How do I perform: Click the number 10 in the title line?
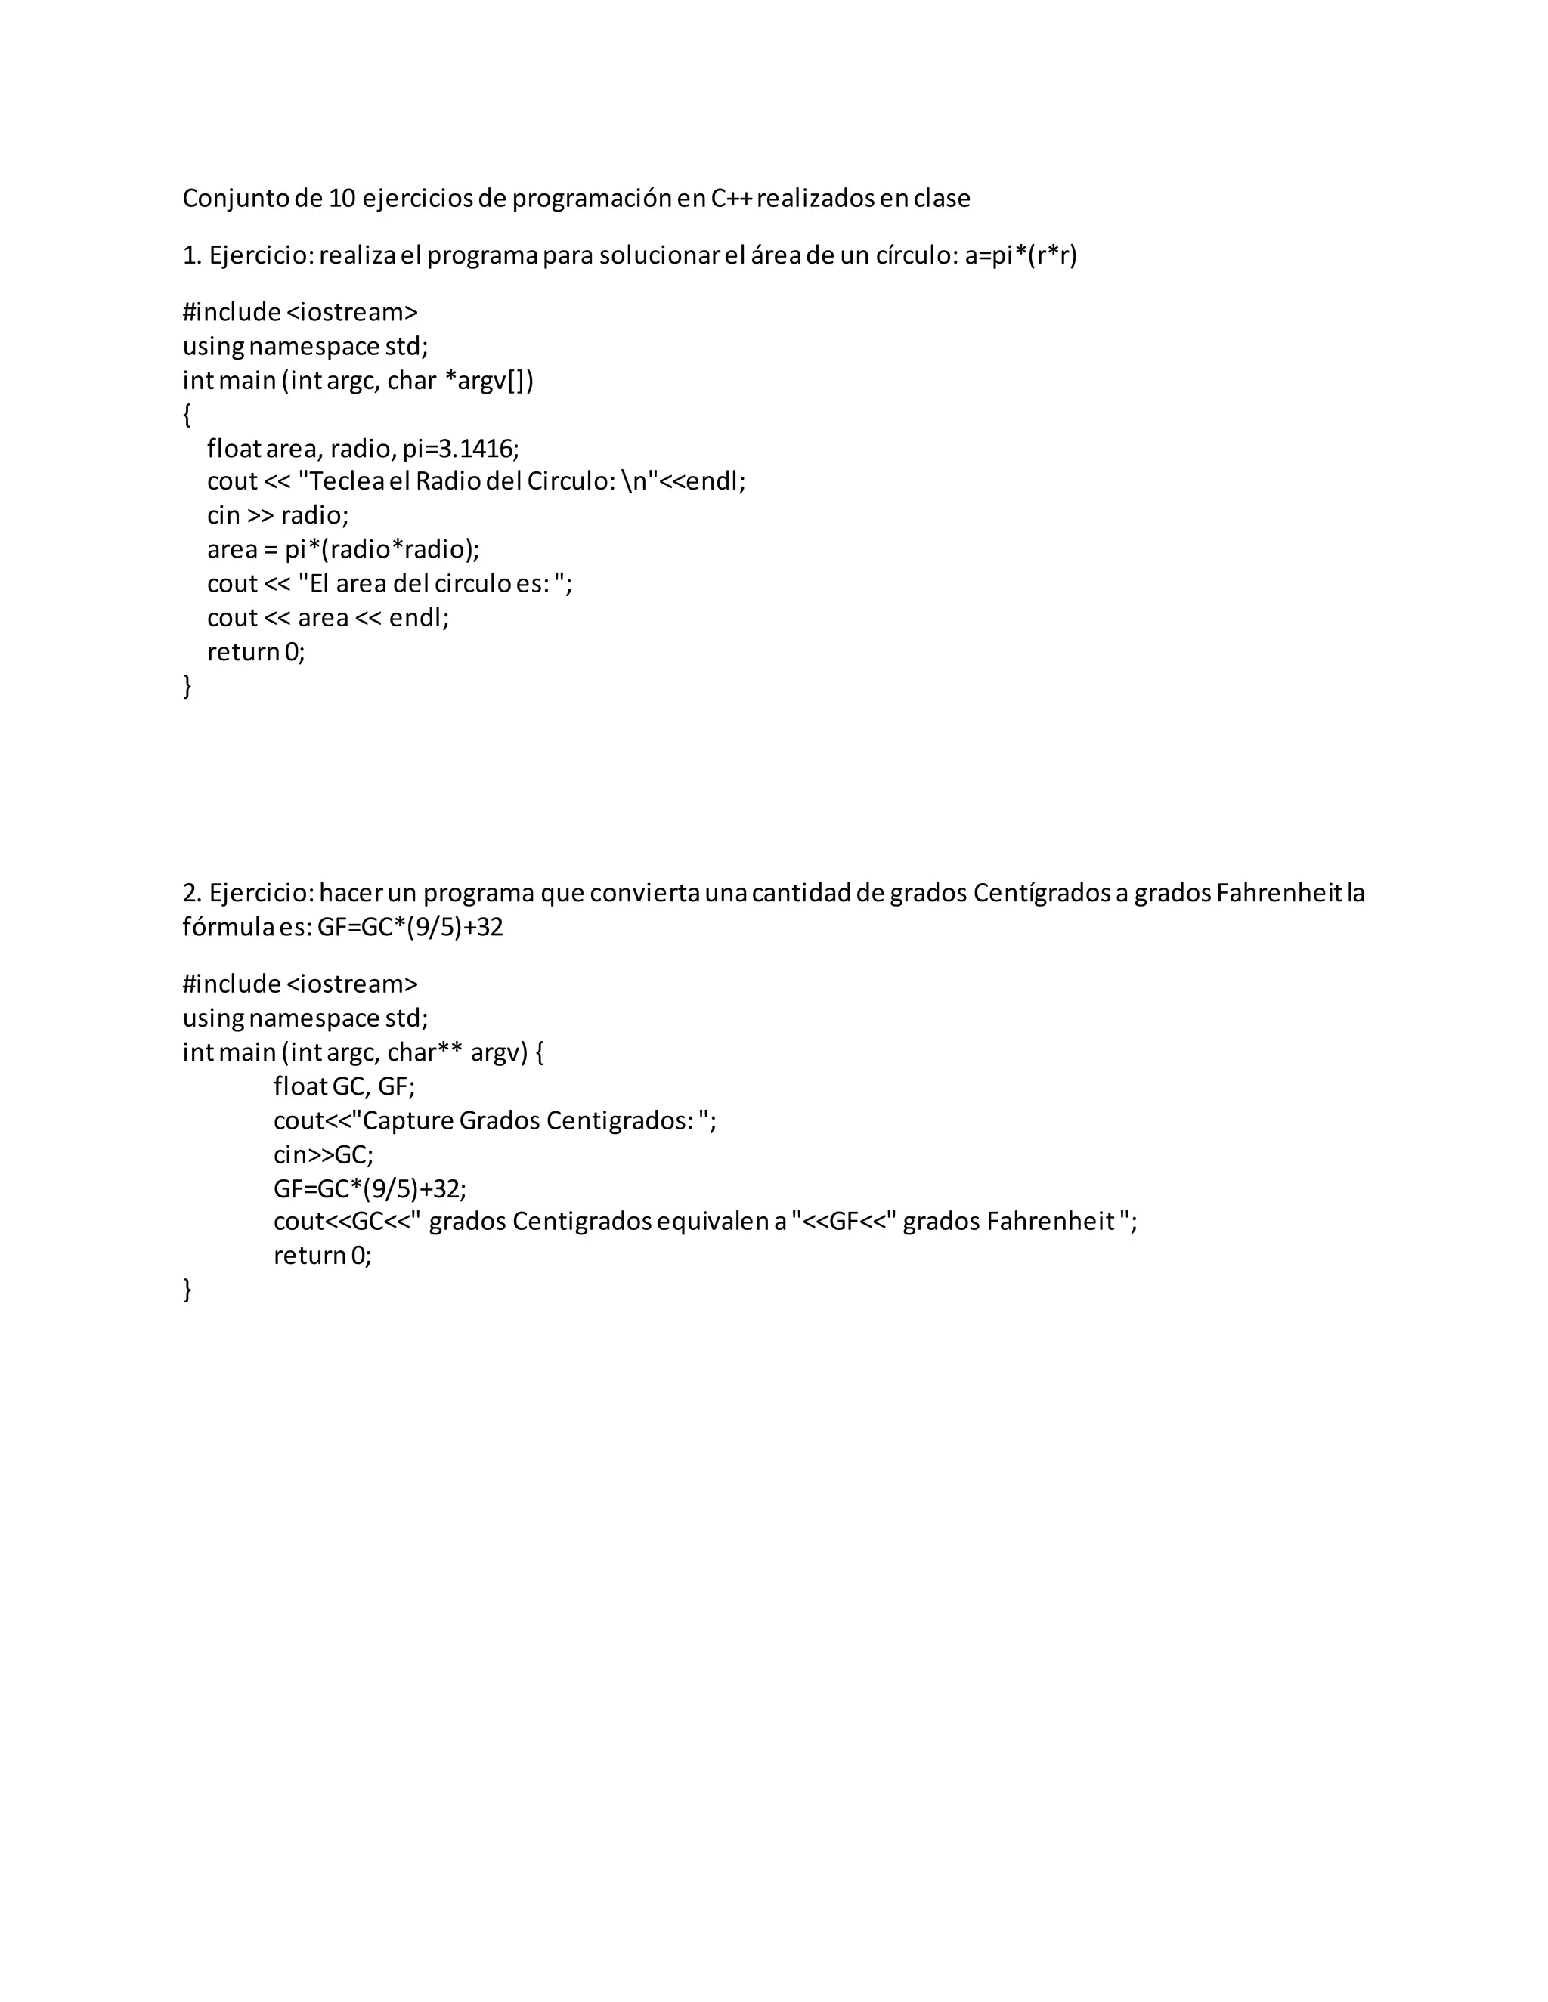(x=341, y=198)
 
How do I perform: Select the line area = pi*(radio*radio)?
(x=343, y=549)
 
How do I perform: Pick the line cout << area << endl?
(x=328, y=618)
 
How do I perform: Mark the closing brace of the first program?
(x=187, y=686)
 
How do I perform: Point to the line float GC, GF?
(x=344, y=1086)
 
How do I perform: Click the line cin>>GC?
(x=323, y=1154)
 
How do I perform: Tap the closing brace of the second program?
(x=187, y=1290)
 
